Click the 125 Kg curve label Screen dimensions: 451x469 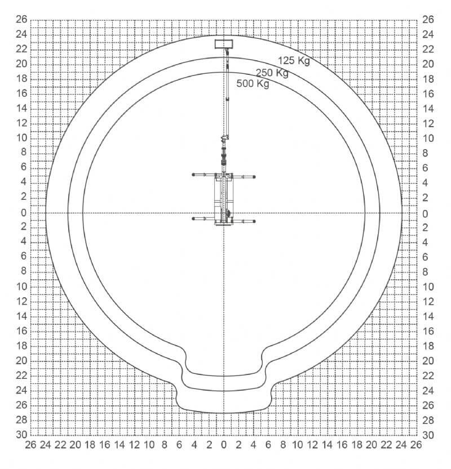(294, 60)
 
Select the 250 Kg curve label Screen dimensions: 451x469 (272, 73)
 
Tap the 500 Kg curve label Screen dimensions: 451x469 (253, 83)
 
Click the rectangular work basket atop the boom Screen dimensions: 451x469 (224, 44)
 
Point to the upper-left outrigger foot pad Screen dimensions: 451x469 (193, 175)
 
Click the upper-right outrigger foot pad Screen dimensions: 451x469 (254, 177)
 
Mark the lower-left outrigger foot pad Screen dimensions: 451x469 (193, 218)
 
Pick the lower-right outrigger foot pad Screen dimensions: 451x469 (254, 221)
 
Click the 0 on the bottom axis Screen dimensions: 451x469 (224, 445)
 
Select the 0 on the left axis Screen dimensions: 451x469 (24, 213)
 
